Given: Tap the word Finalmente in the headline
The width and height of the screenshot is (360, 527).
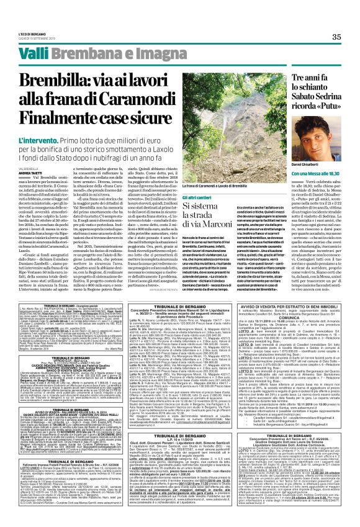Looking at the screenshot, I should click(x=68, y=114).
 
